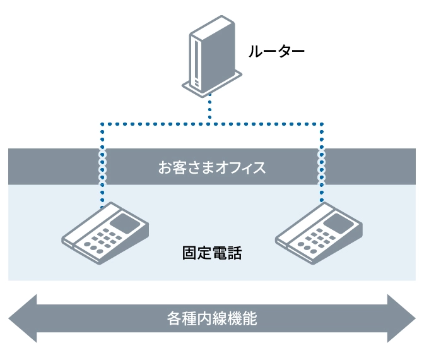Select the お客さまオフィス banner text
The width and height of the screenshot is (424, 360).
[x=212, y=168]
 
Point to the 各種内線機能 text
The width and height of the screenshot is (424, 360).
[x=212, y=318]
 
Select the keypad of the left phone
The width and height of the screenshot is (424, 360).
[x=101, y=240]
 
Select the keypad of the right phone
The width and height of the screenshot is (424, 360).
[x=315, y=240]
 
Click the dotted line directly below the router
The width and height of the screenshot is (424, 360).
[x=211, y=109]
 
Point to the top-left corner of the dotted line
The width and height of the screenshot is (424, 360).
[x=102, y=123]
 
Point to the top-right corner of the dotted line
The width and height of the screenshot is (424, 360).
[x=322, y=123]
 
